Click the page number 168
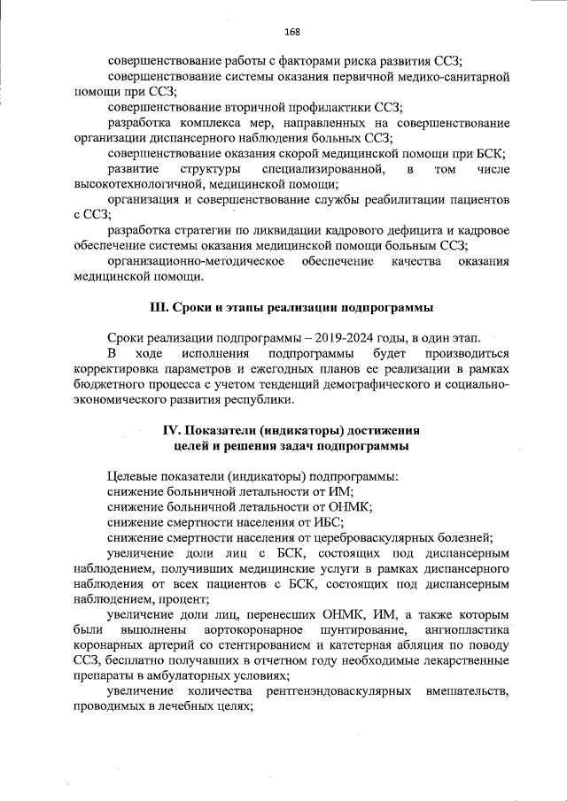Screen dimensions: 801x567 [x=292, y=33]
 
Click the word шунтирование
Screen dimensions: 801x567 [x=352, y=629]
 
